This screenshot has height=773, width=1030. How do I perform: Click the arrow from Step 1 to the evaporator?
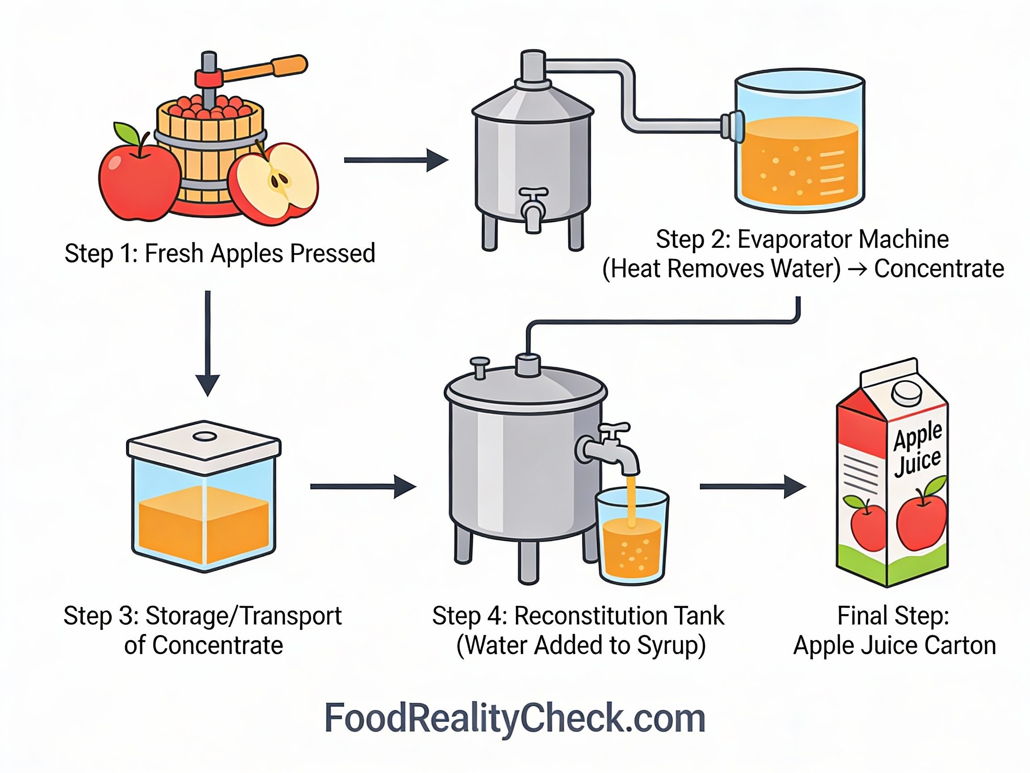[x=396, y=160]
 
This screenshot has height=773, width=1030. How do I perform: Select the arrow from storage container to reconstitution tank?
[x=363, y=486]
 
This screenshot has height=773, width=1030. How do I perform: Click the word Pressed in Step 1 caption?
[x=333, y=254]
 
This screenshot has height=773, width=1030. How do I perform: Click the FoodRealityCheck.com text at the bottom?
[x=515, y=718]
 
